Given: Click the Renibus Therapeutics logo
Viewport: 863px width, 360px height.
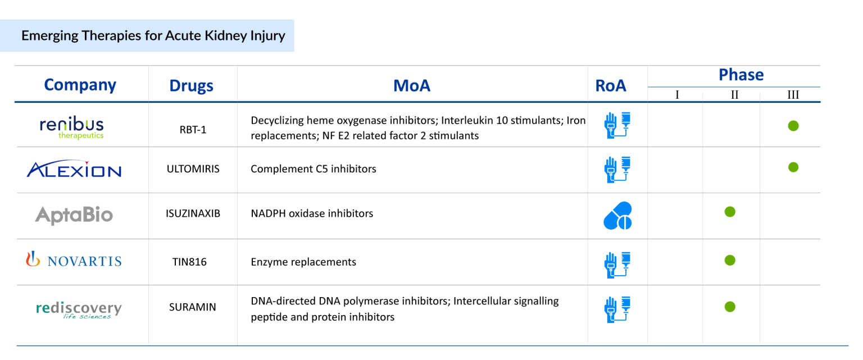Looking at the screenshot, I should pos(72,127).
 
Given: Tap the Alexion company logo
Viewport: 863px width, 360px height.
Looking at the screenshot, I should pos(74,169).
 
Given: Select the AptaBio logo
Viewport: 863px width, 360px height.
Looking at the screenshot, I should pos(74,215).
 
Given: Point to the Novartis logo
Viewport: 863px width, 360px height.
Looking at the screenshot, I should pos(74,261).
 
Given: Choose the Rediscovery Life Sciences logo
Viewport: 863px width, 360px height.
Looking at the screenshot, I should pos(79,309).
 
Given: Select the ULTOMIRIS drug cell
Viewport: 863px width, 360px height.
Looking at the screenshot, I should pos(193,169).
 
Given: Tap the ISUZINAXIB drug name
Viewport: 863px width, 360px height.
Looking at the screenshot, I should pos(193,213).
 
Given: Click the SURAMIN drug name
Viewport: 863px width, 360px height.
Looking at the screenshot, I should pos(193,307).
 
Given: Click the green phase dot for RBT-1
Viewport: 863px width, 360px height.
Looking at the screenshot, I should pos(793,126).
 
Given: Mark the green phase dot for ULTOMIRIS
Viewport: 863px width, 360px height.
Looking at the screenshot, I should pos(793,167).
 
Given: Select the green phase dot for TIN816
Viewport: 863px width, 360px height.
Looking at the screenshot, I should pos(730,260).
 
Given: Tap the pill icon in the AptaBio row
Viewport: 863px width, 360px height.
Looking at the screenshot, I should pos(617,216).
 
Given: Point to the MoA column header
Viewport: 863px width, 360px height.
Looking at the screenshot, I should pos(411,85).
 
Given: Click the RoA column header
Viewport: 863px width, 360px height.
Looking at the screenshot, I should pos(611,85).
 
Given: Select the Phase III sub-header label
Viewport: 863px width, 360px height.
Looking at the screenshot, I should pos(793,95).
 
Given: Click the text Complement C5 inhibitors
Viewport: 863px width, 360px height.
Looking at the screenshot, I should pos(314,169).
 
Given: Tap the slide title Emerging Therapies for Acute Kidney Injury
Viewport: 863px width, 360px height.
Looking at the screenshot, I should pos(153,36).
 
